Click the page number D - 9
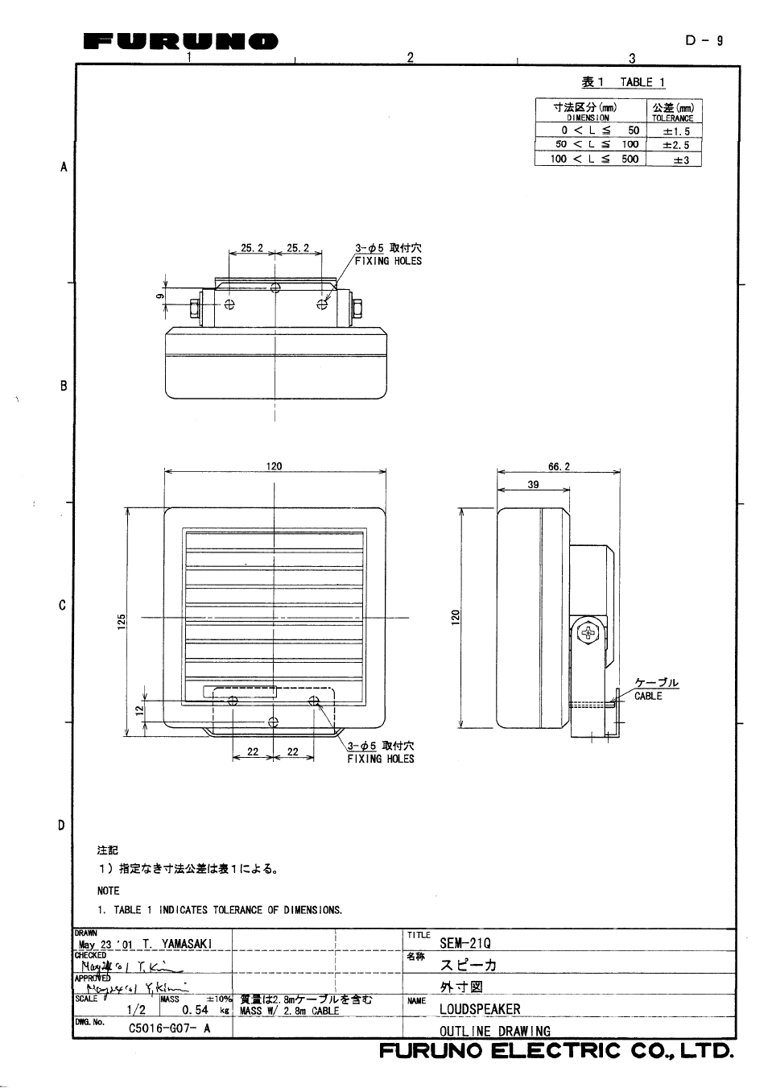click(x=704, y=40)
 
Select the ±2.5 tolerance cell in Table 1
click(x=675, y=146)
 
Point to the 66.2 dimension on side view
click(x=559, y=466)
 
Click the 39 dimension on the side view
click(x=533, y=485)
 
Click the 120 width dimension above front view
click(x=274, y=466)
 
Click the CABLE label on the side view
click(x=648, y=696)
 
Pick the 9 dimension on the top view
click(x=160, y=295)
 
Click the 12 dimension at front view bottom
click(x=138, y=709)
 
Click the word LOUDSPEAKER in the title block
click(x=480, y=1008)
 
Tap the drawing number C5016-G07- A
click(x=169, y=1028)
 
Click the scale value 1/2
click(x=136, y=1009)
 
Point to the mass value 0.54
click(x=195, y=1009)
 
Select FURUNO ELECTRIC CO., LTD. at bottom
click(x=556, y=1051)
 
